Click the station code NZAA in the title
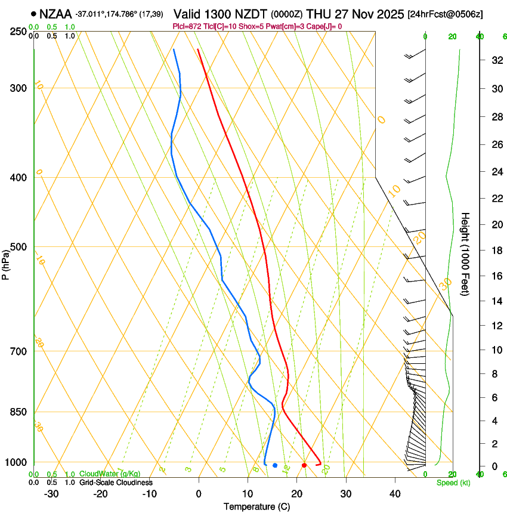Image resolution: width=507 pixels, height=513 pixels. coord(56,14)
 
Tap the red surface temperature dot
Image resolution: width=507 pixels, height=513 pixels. coord(304,465)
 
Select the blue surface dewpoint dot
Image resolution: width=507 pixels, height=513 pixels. coord(275,465)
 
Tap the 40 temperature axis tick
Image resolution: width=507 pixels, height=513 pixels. coord(395,494)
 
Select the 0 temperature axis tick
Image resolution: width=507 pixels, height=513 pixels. coord(199,494)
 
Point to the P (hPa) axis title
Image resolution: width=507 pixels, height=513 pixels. coord(5,264)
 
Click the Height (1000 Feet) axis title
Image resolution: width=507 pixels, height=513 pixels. coord(466,254)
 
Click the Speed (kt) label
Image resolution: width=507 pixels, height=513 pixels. coord(453,483)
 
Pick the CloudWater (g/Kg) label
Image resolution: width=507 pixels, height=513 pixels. coord(110,474)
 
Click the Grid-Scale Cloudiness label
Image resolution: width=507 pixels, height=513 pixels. coord(116,483)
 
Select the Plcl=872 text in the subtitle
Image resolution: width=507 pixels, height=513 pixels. coord(186,26)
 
